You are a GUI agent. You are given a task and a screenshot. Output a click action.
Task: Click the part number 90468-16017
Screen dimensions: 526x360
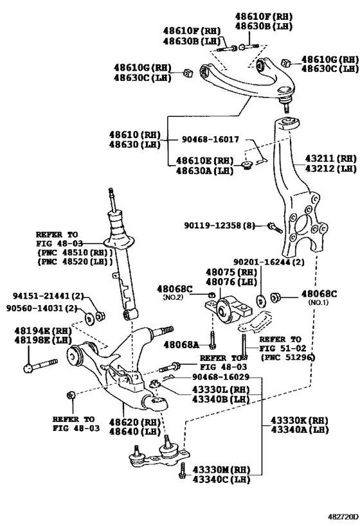point(210,139)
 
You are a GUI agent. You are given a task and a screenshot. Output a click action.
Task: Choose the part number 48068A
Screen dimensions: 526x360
point(182,345)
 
